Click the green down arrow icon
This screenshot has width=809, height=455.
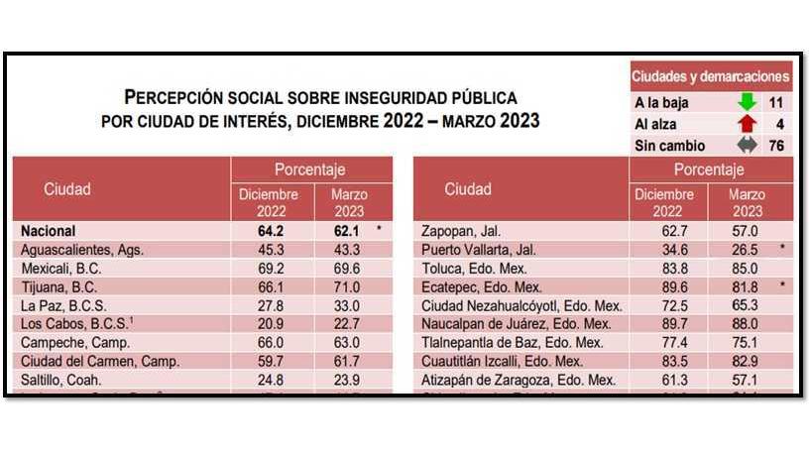coord(747,102)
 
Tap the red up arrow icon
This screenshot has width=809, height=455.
coord(747,124)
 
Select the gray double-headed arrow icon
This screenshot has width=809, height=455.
coord(747,146)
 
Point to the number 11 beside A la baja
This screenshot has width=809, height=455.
coord(776,102)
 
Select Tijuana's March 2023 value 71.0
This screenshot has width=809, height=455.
coord(349,286)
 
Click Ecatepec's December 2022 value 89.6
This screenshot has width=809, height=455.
coord(661,286)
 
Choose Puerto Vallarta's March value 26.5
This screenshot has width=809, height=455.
coord(746,249)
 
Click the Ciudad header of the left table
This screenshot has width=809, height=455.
coord(66,188)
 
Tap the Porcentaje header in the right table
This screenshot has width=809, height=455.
coord(709,170)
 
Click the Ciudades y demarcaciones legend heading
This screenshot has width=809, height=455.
coord(710,76)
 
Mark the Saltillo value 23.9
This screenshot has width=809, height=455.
coord(349,380)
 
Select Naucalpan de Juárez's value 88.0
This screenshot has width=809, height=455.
coord(746,324)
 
